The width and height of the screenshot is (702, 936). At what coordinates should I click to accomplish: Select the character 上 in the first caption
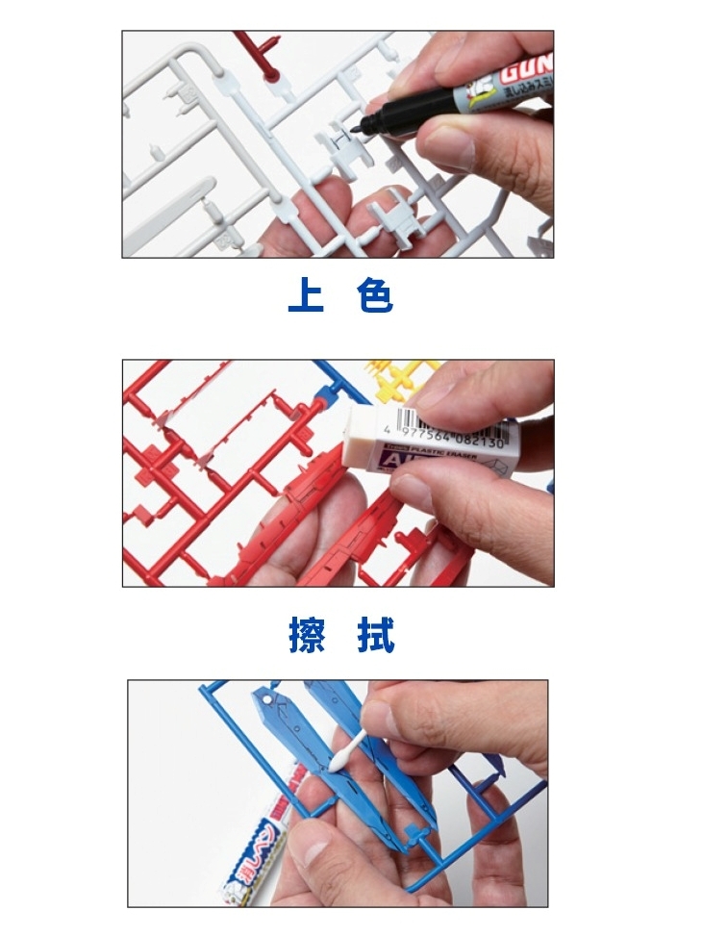[x=305, y=295]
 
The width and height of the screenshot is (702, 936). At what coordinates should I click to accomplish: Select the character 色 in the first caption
[x=374, y=295]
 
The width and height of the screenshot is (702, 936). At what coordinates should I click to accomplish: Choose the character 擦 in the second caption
[x=306, y=636]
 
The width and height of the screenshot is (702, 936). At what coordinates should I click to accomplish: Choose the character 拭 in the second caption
[x=375, y=636]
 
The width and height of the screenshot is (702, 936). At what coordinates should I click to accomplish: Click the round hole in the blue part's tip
[x=263, y=700]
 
